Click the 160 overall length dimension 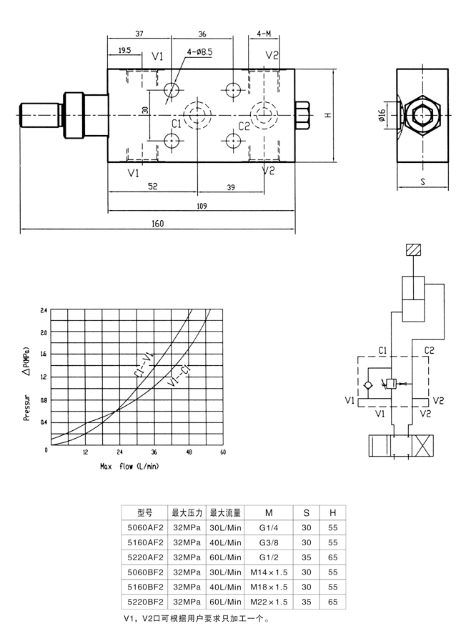point(157,223)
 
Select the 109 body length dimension point(202,206)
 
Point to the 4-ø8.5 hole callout point(200,52)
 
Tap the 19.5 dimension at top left point(124,50)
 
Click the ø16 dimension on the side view point(382,115)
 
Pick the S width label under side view point(422,182)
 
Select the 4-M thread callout point(264,34)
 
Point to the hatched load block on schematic point(414,250)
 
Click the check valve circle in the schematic point(368,385)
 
